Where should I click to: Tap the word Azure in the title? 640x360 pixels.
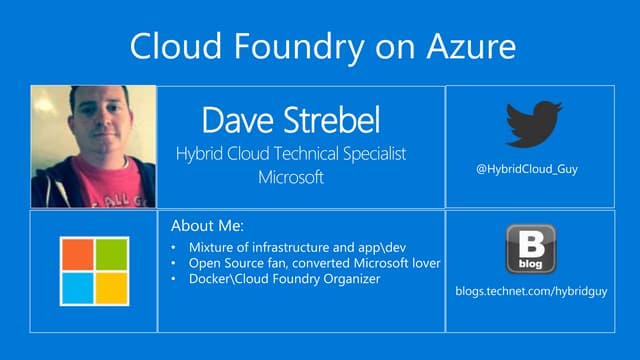click(x=465, y=46)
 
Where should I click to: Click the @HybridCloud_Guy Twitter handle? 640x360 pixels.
click(x=527, y=169)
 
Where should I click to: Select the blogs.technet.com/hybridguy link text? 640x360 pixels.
click(x=529, y=289)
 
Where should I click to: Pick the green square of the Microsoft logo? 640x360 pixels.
click(x=112, y=254)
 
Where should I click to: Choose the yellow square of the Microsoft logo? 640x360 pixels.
click(x=112, y=288)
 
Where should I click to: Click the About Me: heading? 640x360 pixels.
click(x=207, y=226)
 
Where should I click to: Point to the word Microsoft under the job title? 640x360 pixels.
click(x=291, y=178)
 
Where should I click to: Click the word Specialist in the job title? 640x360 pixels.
click(x=370, y=155)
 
